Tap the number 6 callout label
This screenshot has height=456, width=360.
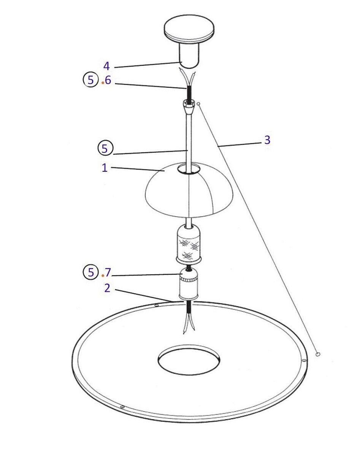pos(108,80)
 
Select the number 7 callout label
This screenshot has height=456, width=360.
pos(108,273)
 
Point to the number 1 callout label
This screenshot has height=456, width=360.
pos(105,168)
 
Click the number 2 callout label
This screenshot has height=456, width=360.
pos(107,288)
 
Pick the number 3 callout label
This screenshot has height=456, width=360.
pos(268,140)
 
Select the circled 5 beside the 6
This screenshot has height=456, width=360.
pos(91,80)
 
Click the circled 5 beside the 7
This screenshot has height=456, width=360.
pos(91,272)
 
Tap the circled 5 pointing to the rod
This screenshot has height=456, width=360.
pos(105,148)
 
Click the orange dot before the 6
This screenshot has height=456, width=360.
pos(102,83)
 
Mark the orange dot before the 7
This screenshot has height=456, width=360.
pos(103,275)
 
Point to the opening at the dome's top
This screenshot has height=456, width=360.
pos(189,169)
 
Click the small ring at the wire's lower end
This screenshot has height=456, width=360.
pos(317,354)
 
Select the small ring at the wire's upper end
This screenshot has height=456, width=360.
pos(198,104)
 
